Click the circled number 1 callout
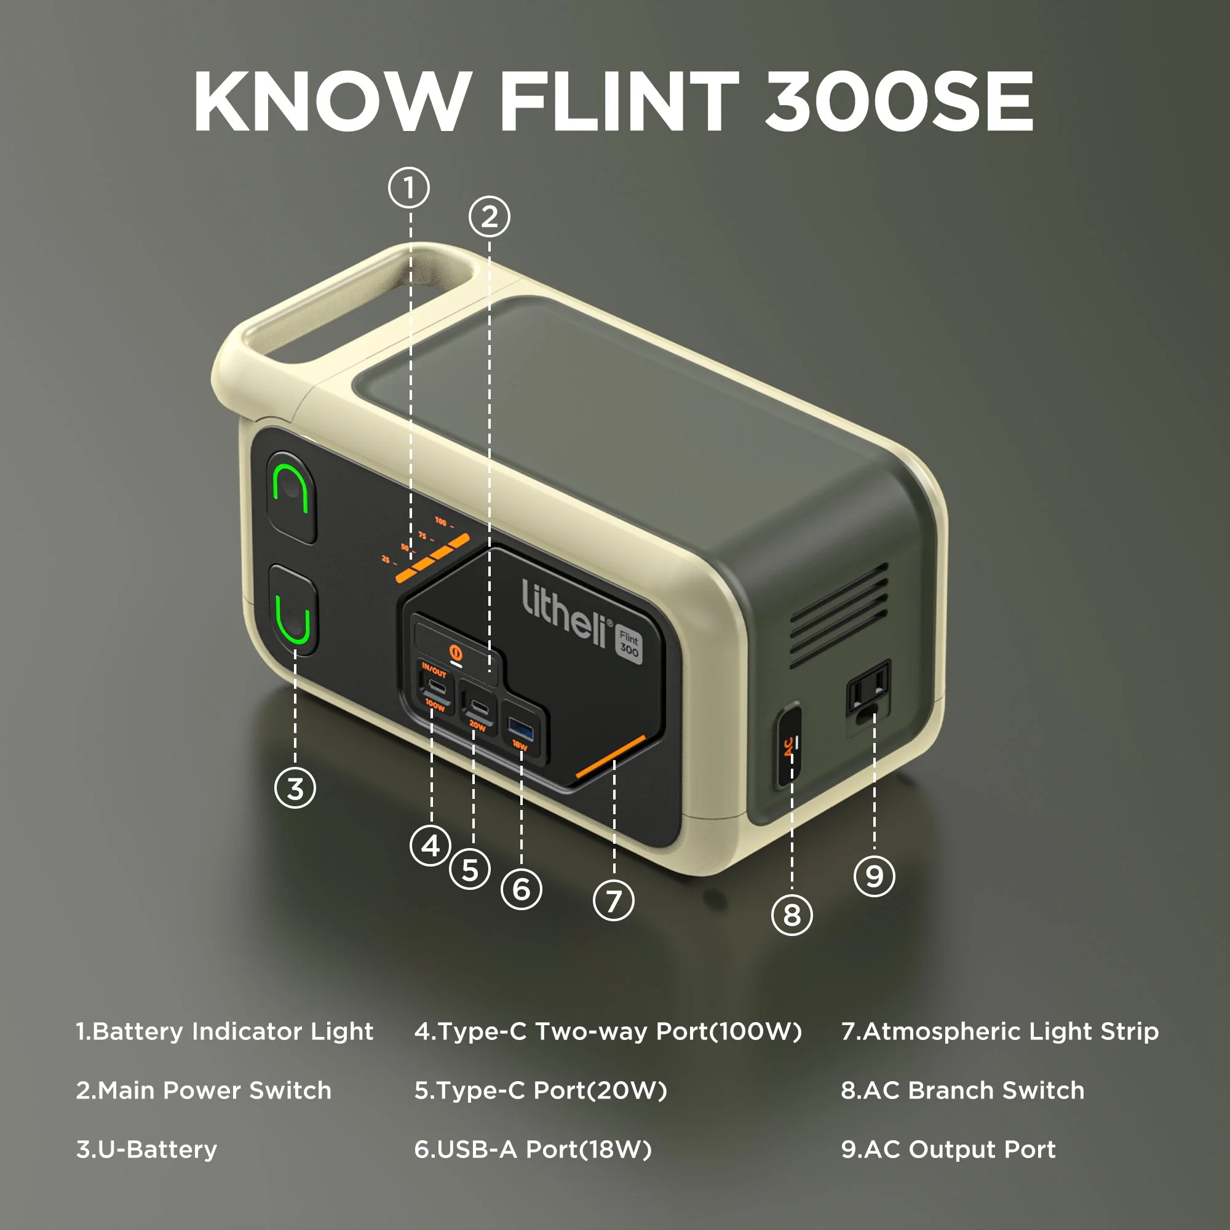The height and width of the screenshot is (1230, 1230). pos(409,187)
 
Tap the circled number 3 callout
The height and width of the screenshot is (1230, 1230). pos(295,788)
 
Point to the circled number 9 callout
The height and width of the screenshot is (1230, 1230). pos(874,875)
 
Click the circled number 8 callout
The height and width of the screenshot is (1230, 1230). pos(792,915)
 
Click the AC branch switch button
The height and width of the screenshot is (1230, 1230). pos(788,744)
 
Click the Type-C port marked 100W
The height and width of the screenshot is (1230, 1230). pos(436,686)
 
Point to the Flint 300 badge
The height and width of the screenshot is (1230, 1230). pos(629,644)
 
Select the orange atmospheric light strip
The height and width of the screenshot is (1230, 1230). pos(610,756)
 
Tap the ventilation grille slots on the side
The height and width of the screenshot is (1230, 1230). pos(839,614)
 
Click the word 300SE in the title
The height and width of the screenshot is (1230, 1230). pos(899,102)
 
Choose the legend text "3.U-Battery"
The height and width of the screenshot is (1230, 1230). pos(146,1150)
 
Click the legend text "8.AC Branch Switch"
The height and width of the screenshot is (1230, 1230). pos(962,1090)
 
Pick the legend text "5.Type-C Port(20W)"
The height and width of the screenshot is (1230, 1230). pos(541,1090)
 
